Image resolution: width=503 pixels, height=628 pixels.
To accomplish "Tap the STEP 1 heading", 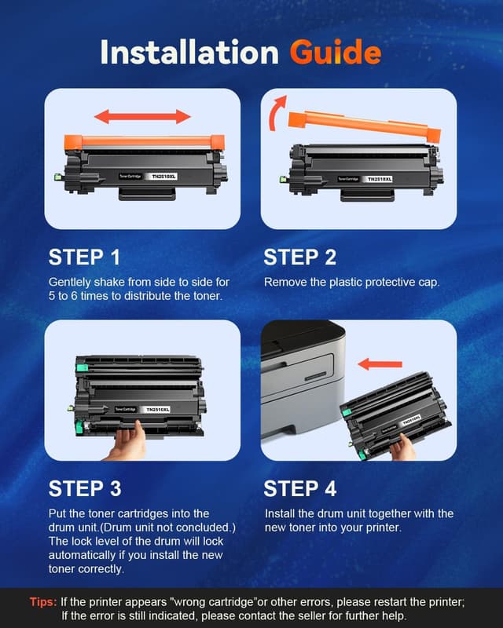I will pyautogui.click(x=85, y=257).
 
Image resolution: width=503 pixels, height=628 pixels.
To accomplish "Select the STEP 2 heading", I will pyautogui.click(x=300, y=257).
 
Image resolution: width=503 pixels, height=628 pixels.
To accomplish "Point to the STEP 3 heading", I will pyautogui.click(x=85, y=488).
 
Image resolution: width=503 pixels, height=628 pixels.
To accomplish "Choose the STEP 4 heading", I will pyautogui.click(x=300, y=488).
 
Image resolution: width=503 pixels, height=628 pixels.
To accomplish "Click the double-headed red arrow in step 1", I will pyautogui.click(x=142, y=117).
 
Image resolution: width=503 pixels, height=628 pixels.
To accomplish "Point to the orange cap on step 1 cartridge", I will pyautogui.click(x=142, y=142).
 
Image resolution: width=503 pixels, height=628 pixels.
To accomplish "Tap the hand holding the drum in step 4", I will pyautogui.click(x=402, y=447).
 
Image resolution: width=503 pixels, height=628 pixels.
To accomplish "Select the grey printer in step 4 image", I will pyautogui.click(x=303, y=385).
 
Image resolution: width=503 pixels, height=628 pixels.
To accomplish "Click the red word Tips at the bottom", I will pyautogui.click(x=42, y=602).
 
